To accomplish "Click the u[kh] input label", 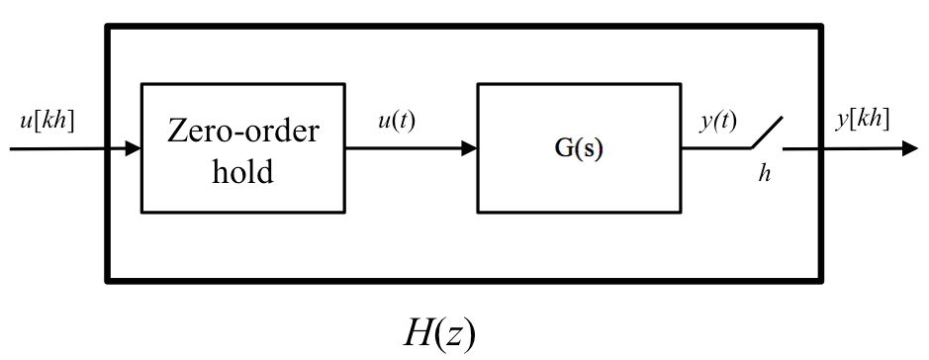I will point(46,122).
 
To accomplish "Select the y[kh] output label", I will point(862,121).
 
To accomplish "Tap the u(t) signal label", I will point(398,122).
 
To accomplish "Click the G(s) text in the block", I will point(578,151).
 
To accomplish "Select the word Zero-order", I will point(243,131).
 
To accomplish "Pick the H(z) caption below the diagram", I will point(439,334).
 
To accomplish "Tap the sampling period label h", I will point(764,174).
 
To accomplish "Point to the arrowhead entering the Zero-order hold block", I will point(134,149).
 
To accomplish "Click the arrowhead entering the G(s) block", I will point(469,149).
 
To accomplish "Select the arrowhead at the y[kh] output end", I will point(909,149).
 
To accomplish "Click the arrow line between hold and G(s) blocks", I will point(406,149).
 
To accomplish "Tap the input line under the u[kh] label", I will point(59,149).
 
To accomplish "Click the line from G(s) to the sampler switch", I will point(712,149).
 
